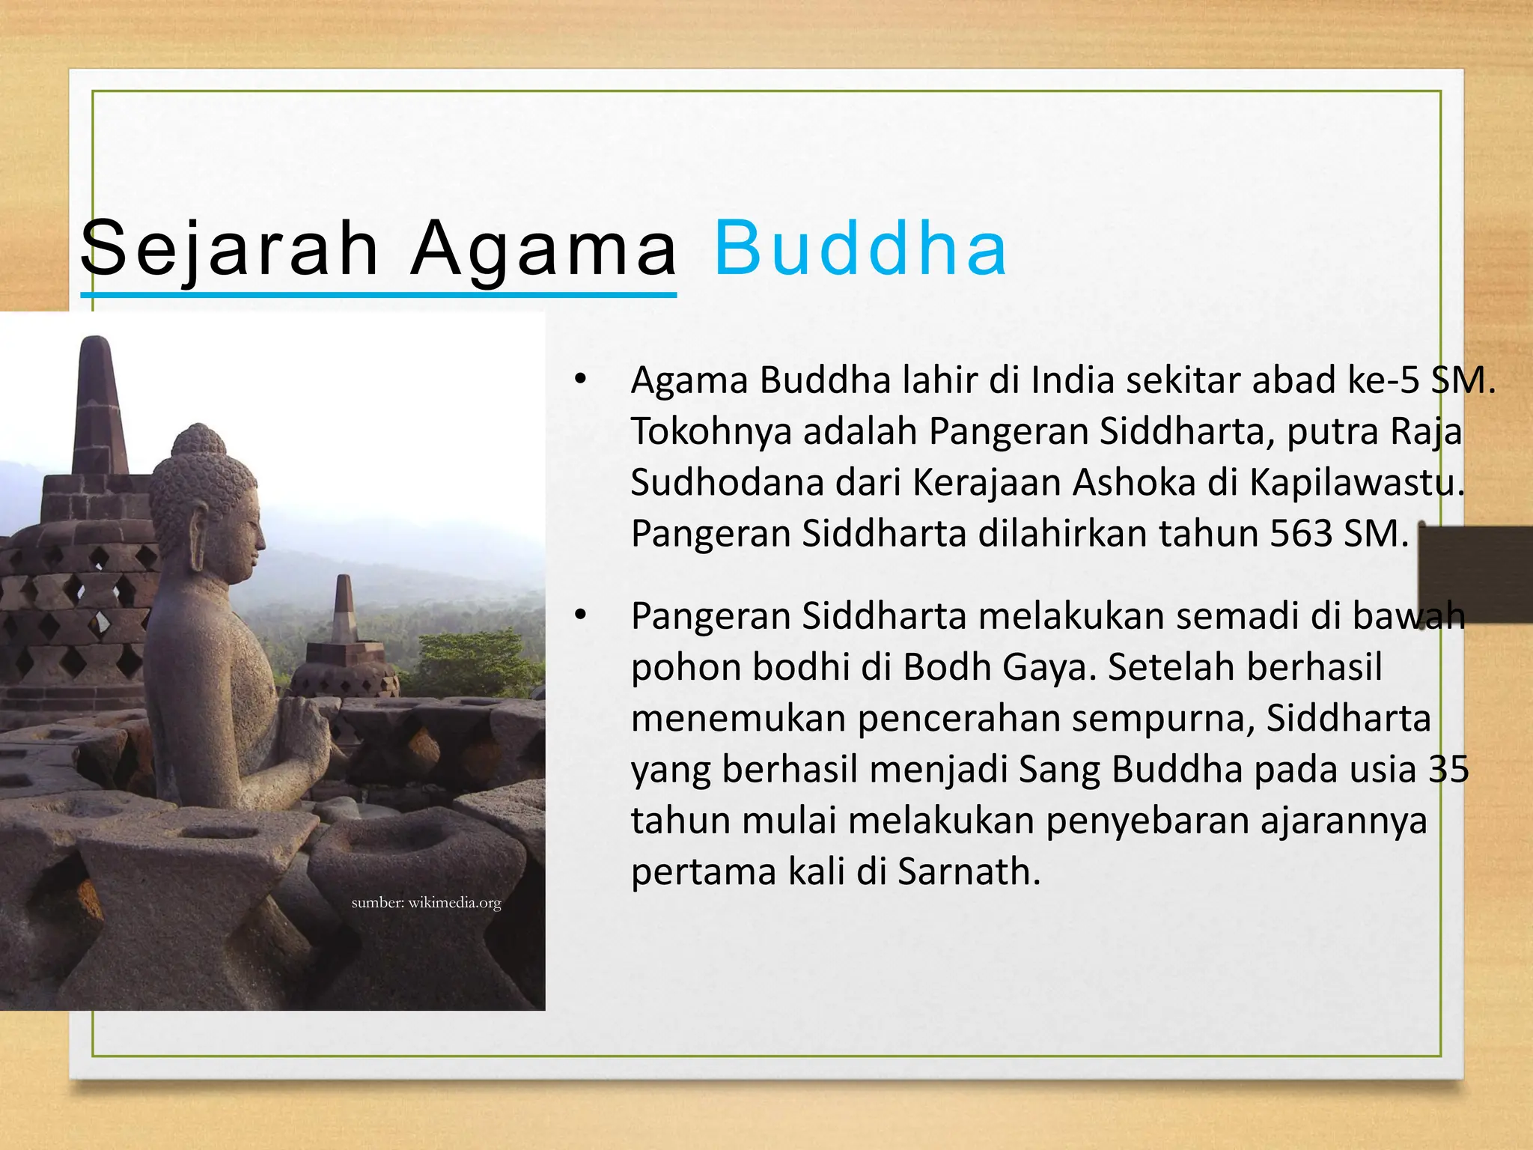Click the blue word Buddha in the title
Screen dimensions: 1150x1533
[860, 248]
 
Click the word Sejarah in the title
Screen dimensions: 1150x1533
[230, 248]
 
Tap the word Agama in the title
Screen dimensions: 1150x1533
[543, 248]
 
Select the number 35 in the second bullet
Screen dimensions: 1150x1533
[1448, 770]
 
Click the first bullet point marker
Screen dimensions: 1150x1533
[579, 379]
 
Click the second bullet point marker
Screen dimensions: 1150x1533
[579, 615]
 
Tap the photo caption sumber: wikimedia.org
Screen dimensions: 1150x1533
[426, 902]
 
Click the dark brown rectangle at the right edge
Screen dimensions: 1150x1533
[1475, 574]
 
